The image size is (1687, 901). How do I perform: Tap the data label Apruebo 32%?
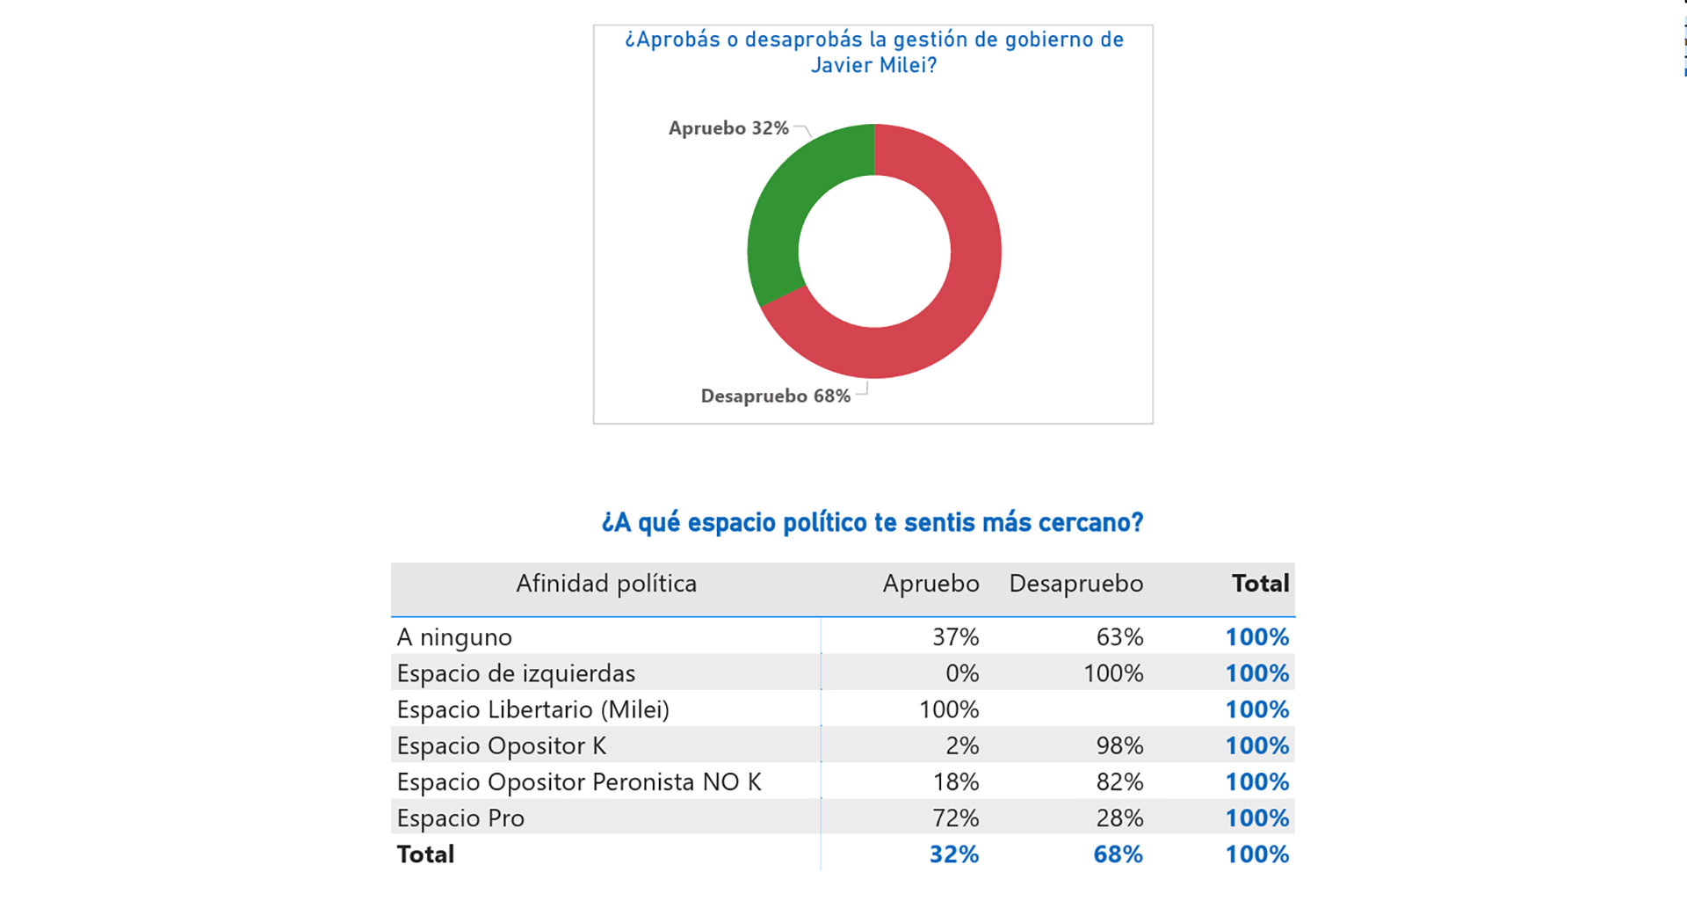tap(728, 128)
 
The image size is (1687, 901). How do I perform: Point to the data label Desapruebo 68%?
tap(775, 396)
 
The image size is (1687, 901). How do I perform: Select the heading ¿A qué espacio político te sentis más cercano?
tap(872, 522)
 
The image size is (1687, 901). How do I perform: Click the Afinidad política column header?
tap(606, 584)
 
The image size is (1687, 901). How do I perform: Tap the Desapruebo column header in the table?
tap(1075, 584)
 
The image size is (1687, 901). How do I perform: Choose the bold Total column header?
tap(1260, 584)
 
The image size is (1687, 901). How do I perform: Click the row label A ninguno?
tap(454, 637)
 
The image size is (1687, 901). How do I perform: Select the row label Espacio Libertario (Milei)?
tap(532, 709)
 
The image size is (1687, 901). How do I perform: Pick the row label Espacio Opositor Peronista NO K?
tap(579, 782)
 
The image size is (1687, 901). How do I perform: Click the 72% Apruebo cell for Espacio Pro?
tap(955, 818)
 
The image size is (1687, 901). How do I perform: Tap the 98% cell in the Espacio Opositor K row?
tap(1119, 746)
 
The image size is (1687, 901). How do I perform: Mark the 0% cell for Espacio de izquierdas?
tap(962, 673)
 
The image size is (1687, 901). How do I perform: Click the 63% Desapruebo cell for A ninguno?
tap(1119, 637)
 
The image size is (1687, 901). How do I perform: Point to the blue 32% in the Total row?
tap(954, 854)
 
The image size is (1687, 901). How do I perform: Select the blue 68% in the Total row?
tap(1118, 854)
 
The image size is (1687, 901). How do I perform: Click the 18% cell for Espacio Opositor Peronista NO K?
tap(955, 782)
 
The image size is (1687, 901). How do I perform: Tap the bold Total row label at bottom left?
tap(425, 854)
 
